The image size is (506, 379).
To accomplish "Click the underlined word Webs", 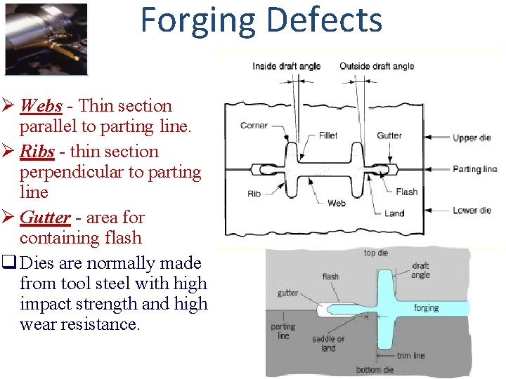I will tap(41, 106).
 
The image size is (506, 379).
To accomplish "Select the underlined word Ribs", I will tap(37, 152).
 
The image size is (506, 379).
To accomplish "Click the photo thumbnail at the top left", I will tap(46, 39).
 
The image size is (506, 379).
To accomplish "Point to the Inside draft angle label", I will tap(286, 66).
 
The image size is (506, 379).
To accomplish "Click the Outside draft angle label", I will tap(377, 66).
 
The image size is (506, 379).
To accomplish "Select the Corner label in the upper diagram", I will tap(254, 126).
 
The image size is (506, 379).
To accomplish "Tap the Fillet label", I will tap(327, 135).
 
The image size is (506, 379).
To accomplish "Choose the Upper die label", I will tap(472, 138).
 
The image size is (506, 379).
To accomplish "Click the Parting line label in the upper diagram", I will tap(474, 169).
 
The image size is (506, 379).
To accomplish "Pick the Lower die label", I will tap(472, 211).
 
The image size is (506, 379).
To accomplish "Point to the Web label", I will tap(337, 204).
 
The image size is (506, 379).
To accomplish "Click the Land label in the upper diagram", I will tap(394, 213).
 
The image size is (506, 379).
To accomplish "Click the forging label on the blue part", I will tap(427, 307).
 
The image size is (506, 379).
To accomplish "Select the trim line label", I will tap(410, 356).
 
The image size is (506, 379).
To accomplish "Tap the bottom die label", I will tap(375, 370).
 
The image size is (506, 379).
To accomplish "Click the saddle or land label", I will tap(328, 343).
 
